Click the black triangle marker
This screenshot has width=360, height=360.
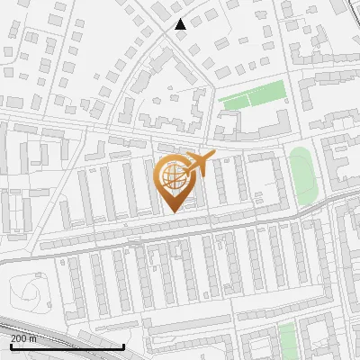181,24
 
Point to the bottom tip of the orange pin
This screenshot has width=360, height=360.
175,211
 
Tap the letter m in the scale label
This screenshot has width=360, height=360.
34,338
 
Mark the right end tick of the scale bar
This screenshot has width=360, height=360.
123,346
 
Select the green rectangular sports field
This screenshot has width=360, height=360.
254,94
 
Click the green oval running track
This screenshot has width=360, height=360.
302,175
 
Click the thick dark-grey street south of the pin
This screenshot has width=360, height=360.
180,237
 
